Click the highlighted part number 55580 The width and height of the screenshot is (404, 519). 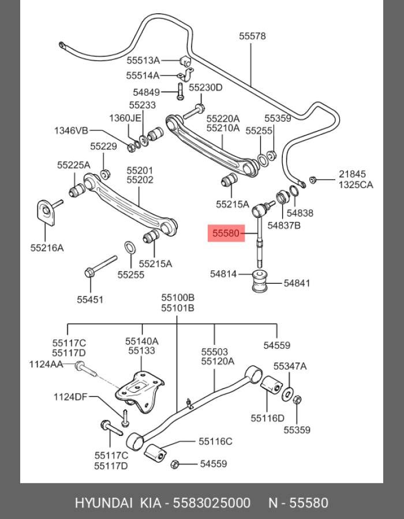pyautogui.click(x=225, y=234)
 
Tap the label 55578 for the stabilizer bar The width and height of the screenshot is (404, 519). pyautogui.click(x=252, y=36)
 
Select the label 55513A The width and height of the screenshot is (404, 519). pyautogui.click(x=143, y=59)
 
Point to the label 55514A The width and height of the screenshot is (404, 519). pyautogui.click(x=143, y=75)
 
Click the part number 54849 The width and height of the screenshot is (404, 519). pyautogui.click(x=146, y=92)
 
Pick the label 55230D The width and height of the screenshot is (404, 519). pyautogui.click(x=205, y=88)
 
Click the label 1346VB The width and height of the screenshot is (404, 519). pyautogui.click(x=71, y=130)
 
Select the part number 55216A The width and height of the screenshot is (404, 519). pyautogui.click(x=47, y=248)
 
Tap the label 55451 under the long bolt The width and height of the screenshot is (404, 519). pyautogui.click(x=91, y=299)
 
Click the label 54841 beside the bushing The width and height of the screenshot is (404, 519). pyautogui.click(x=297, y=283)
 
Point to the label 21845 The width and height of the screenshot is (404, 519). pyautogui.click(x=352, y=174)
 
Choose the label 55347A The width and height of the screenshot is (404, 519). pyautogui.click(x=290, y=366)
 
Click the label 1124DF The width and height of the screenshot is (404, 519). pyautogui.click(x=71, y=397)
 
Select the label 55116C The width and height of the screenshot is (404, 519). pyautogui.click(x=215, y=442)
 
